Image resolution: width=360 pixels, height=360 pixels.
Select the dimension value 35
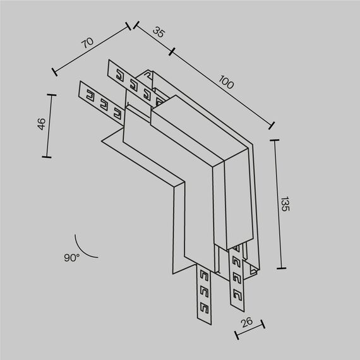pyautogui.click(x=159, y=33)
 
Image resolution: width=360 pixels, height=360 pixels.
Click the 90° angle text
pyautogui.click(x=71, y=258)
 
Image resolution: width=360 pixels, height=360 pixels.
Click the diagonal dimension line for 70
pyautogui.click(x=92, y=49)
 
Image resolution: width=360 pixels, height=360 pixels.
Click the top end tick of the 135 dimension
pyautogui.click(x=275, y=140)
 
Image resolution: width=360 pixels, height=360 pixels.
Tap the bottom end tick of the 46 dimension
pyautogui.click(x=46, y=157)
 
